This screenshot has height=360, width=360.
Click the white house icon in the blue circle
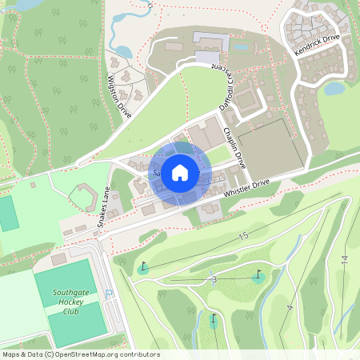tap(180, 171)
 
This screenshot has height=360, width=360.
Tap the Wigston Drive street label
tap(120, 96)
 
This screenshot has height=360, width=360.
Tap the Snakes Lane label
tap(102, 208)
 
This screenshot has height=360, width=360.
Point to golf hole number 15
tap(243, 236)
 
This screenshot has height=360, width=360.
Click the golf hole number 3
tap(214, 278)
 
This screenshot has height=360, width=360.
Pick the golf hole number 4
tap(290, 307)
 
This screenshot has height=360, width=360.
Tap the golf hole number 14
tap(344, 259)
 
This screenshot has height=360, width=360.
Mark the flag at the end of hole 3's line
tap(258, 276)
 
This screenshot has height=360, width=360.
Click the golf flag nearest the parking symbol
tap(142, 267)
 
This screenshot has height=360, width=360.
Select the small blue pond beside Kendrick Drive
tap(334, 89)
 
